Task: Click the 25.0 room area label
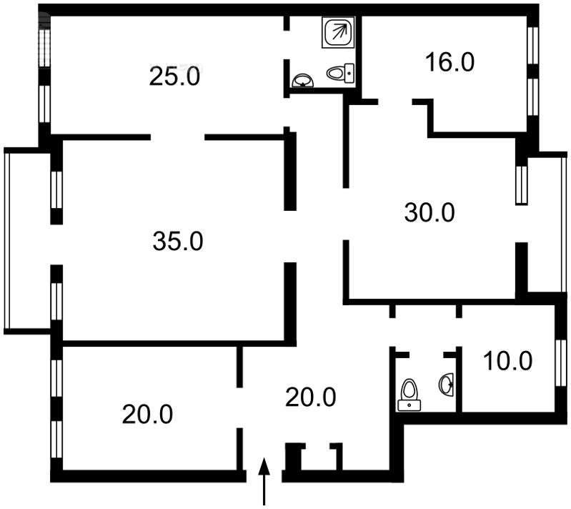click(174, 76)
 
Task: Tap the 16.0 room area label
click(450, 62)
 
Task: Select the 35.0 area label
click(178, 241)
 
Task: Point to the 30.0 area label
click(430, 213)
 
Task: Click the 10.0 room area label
click(507, 361)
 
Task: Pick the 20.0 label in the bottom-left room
click(147, 415)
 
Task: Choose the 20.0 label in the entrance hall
click(310, 397)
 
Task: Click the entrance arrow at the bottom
click(264, 481)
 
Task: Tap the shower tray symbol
click(338, 32)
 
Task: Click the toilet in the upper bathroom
click(340, 73)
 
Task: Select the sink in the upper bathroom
click(303, 81)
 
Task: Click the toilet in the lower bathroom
click(409, 395)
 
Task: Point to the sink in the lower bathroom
click(447, 384)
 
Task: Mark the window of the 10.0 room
click(561, 362)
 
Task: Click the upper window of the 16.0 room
click(532, 45)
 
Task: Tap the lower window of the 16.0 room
click(532, 97)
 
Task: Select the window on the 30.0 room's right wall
click(522, 185)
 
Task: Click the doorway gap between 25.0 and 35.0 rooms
click(177, 137)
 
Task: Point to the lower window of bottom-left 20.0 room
click(56, 440)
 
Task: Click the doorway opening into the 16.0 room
click(395, 102)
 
